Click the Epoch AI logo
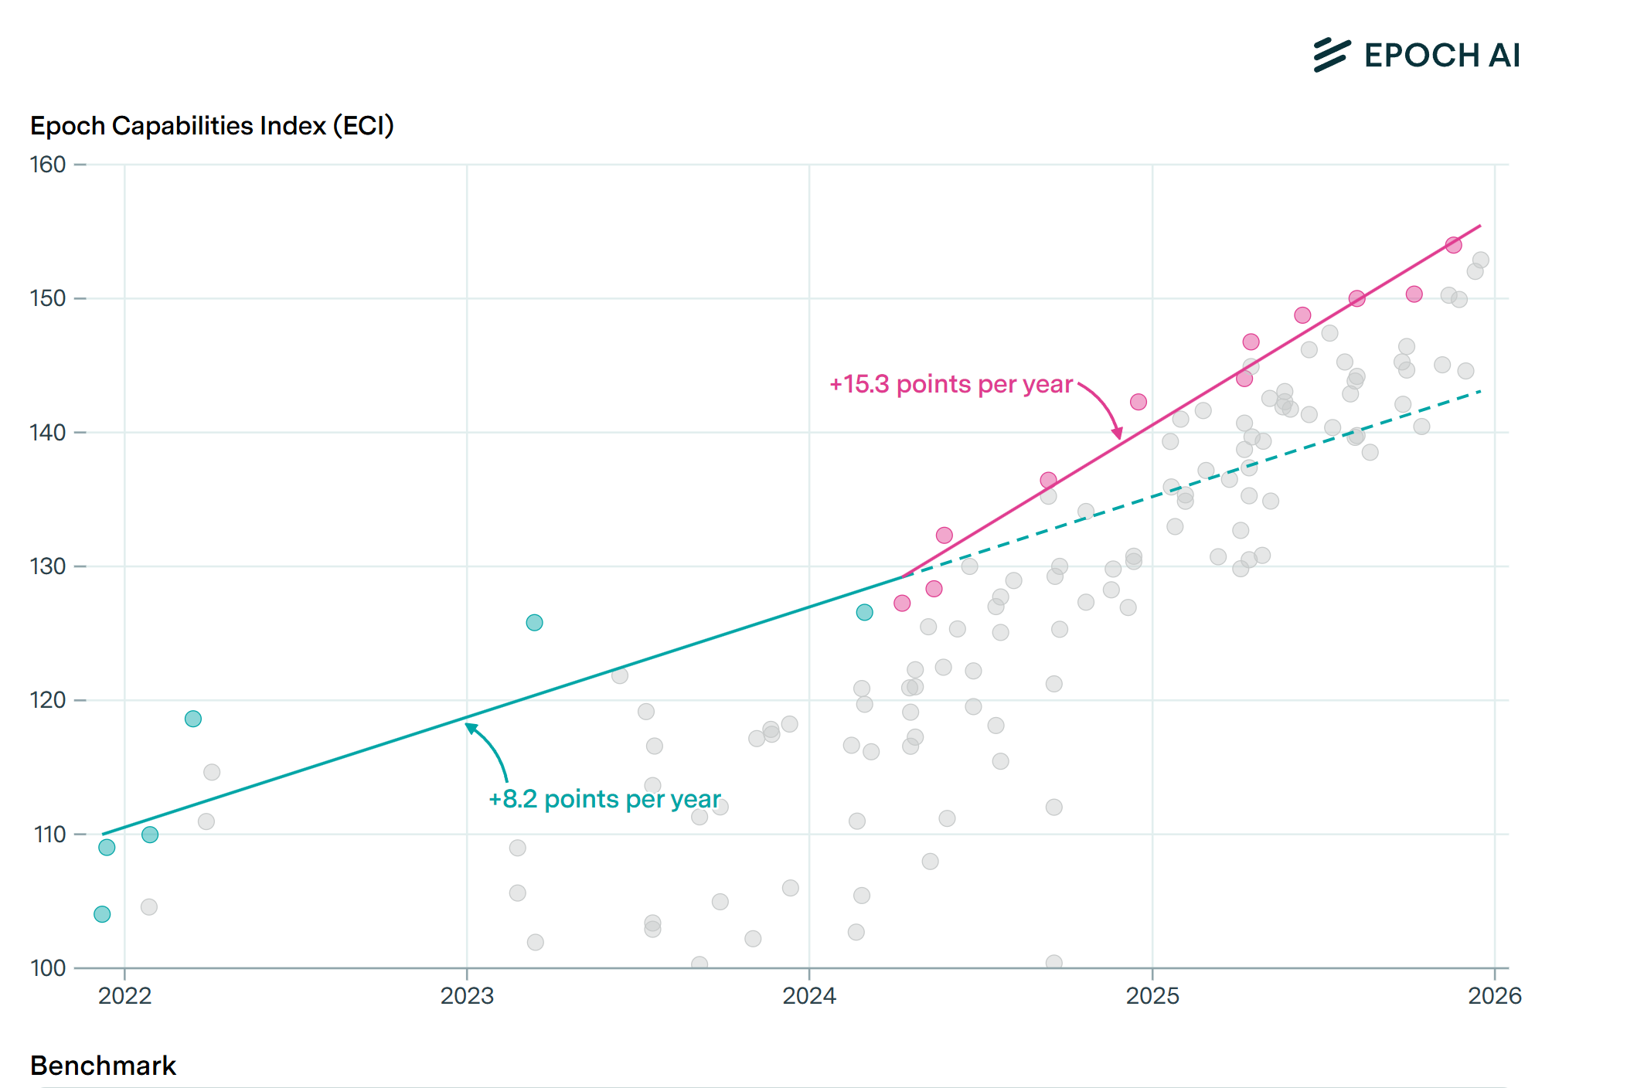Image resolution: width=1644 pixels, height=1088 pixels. tap(1417, 56)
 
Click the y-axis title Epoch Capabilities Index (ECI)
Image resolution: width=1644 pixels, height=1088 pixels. tap(212, 126)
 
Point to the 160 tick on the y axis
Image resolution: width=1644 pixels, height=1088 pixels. tap(48, 165)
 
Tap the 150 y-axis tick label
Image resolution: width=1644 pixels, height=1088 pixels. tap(48, 298)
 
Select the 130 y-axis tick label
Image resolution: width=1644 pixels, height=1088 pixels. tap(48, 566)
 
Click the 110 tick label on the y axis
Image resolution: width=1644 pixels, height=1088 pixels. tap(49, 835)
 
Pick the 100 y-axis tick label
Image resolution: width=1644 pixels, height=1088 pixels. tap(48, 968)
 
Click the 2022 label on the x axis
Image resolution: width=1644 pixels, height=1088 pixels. tap(124, 996)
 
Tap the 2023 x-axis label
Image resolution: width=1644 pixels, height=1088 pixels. tap(467, 996)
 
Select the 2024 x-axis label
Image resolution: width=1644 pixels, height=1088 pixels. tap(809, 996)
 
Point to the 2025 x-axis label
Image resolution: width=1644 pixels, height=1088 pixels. tap(1152, 996)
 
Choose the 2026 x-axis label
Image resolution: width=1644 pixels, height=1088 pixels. tap(1495, 996)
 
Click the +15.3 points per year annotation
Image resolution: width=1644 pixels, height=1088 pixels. tap(951, 385)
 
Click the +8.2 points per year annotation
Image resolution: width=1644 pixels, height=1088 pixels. tap(604, 799)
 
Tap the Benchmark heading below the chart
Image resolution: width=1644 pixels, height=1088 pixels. tap(103, 1066)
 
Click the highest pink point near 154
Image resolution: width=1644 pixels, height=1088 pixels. tap(1453, 245)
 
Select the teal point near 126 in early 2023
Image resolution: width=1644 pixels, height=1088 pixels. tap(534, 623)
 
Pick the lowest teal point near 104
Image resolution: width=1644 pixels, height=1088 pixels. tap(102, 914)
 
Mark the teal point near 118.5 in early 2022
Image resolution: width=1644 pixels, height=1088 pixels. tap(193, 719)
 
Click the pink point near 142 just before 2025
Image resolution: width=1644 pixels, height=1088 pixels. tap(1138, 402)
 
